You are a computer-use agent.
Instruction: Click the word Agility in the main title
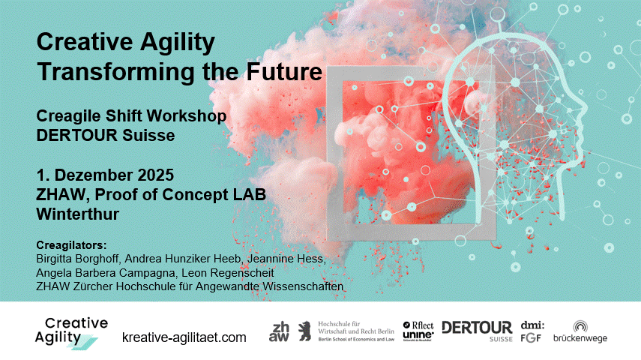click(178, 43)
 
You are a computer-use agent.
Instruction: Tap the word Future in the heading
click(284, 71)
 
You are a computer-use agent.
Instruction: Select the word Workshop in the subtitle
click(187, 116)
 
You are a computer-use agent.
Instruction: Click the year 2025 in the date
click(155, 175)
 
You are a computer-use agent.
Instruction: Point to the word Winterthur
click(78, 214)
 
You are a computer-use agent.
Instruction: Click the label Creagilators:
click(71, 245)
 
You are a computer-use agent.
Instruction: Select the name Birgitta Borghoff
click(78, 259)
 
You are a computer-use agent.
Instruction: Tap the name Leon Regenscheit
click(228, 272)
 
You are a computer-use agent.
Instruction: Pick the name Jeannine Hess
click(286, 259)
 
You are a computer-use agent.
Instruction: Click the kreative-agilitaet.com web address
click(184, 337)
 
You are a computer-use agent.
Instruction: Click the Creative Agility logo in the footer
click(71, 333)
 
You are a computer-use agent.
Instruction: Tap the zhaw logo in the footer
click(279, 331)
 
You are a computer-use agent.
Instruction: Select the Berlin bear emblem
click(304, 331)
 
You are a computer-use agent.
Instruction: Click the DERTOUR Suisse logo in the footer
click(477, 331)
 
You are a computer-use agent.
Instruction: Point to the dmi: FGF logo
click(532, 331)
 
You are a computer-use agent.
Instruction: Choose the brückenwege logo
click(580, 331)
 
